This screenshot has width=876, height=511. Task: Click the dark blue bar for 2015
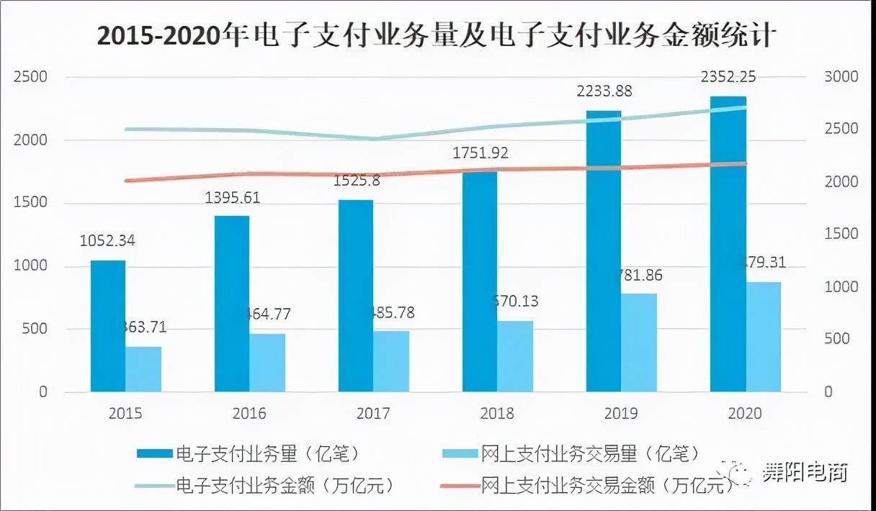pos(108,327)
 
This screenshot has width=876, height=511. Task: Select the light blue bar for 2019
pos(639,343)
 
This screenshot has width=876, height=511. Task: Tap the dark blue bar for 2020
pos(728,245)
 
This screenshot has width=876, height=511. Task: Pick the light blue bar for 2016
pos(267,363)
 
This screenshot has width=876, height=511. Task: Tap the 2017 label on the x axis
pos(373,414)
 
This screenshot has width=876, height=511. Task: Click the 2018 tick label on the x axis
pos(497,414)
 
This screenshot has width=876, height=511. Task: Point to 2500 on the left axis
pos(31,77)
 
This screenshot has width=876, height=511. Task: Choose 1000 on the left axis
pos(31,266)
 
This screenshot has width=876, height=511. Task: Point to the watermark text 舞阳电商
pos(805,473)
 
